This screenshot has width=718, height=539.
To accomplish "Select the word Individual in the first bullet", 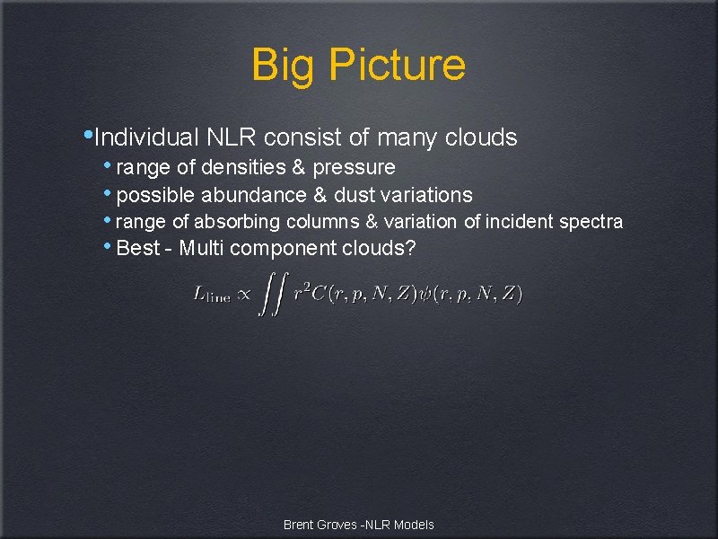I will tap(146, 137).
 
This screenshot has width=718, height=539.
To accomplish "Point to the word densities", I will tap(241, 168).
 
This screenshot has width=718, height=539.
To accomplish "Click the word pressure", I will tap(354, 168).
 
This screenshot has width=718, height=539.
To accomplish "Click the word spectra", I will tap(591, 222).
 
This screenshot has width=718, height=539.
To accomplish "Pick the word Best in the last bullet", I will tap(138, 248).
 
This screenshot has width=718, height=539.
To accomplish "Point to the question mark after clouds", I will tap(411, 248).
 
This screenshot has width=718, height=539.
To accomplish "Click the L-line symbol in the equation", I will tap(211, 295).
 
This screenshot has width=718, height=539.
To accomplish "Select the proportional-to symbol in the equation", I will tap(242, 295).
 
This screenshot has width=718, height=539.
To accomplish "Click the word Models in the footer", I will tap(415, 525).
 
